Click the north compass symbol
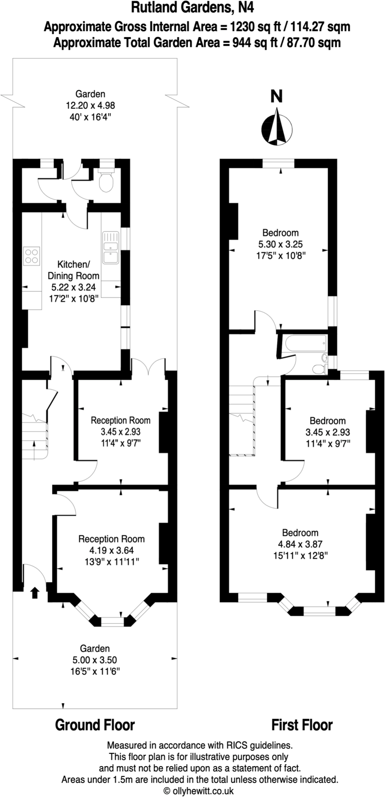point(277,126)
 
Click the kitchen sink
point(111,252)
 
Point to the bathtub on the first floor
point(303,343)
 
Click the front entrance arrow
point(35,593)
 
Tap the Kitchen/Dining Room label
point(73,270)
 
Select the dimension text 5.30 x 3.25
point(280,244)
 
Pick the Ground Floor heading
point(95,725)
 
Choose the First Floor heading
point(302,725)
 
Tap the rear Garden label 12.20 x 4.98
point(90,105)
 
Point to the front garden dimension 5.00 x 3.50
point(95,660)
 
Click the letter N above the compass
point(276,96)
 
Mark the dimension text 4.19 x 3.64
point(111,550)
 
